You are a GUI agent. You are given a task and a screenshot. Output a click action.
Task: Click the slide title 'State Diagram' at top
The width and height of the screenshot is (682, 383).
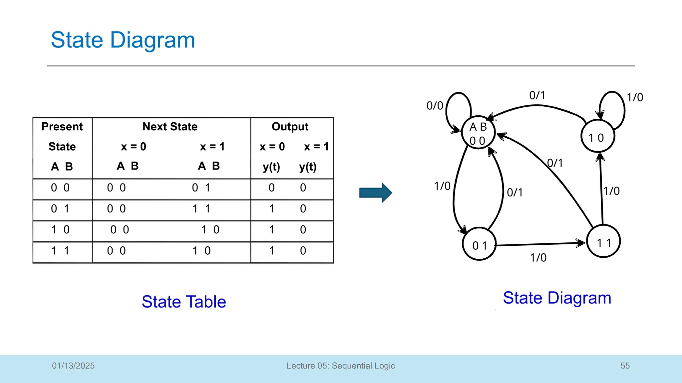[x=123, y=40]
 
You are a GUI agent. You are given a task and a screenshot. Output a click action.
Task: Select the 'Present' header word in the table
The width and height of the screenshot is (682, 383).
[x=62, y=127]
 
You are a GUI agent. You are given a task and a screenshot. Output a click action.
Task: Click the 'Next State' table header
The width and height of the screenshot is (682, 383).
[x=170, y=127]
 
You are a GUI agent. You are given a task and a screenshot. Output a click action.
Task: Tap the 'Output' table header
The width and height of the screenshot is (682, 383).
[x=290, y=127]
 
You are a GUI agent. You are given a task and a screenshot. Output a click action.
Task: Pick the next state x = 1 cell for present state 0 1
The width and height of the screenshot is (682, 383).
[x=201, y=209]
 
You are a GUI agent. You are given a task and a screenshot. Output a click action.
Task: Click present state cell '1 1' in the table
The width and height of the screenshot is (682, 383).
[x=60, y=251]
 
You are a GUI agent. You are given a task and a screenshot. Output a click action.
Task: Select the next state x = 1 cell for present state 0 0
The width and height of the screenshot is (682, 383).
[x=201, y=188]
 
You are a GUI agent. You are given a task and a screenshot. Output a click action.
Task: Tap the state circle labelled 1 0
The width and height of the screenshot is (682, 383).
[x=597, y=137]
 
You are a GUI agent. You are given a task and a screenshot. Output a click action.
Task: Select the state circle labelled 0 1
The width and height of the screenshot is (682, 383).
[x=480, y=244]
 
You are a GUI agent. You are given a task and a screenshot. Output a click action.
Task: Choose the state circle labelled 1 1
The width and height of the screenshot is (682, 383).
[x=603, y=242]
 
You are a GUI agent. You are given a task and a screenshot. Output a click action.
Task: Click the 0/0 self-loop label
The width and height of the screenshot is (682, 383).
[x=435, y=106]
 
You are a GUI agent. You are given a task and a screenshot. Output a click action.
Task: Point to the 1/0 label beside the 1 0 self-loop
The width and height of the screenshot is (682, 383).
[x=635, y=97]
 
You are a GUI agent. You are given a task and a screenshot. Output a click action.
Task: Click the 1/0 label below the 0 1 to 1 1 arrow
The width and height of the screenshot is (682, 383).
[x=538, y=258]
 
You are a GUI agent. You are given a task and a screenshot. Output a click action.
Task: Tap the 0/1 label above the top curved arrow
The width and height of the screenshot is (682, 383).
[x=537, y=95]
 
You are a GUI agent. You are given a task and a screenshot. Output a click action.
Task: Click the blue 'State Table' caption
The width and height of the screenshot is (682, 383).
[x=184, y=302]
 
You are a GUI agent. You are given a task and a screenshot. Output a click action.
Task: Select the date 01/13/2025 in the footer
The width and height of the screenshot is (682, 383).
[x=73, y=366]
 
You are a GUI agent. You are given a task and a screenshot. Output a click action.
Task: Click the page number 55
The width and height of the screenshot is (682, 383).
[x=625, y=366]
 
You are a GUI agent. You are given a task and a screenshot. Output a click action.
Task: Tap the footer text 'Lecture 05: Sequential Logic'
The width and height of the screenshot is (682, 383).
[x=341, y=366]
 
